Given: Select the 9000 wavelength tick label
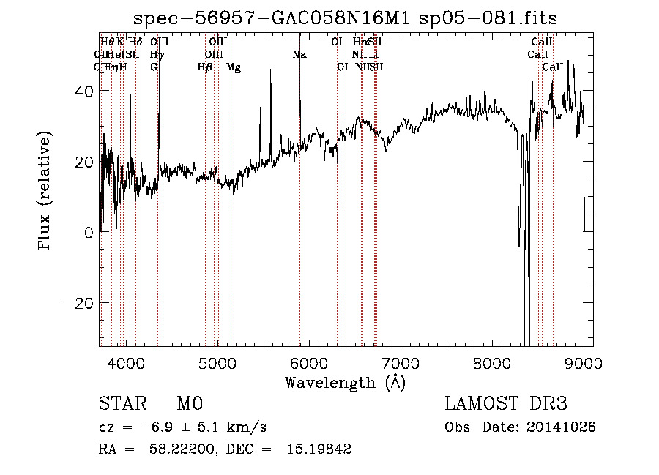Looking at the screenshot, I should pyautogui.click(x=584, y=362).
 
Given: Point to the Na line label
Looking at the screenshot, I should pyautogui.click(x=299, y=54).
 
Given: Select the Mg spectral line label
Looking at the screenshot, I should pyautogui.click(x=234, y=67).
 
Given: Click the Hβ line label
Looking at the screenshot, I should pyautogui.click(x=204, y=67).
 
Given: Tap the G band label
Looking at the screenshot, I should pyautogui.click(x=154, y=67).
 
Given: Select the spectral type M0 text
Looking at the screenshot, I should pyautogui.click(x=190, y=404).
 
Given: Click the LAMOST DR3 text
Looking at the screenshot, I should pyautogui.click(x=506, y=404).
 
